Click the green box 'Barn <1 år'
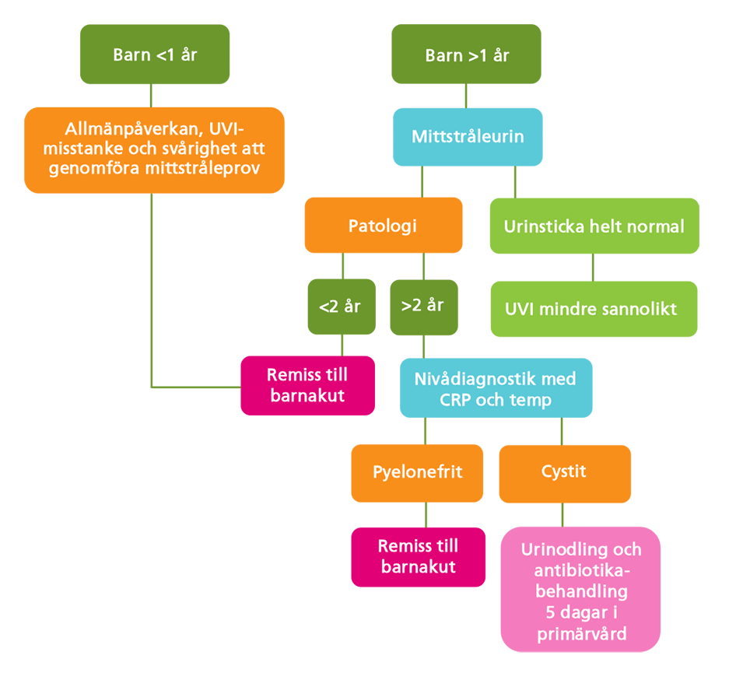coord(155,54)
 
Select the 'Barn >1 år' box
coord(466,54)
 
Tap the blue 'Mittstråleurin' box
coord(467,137)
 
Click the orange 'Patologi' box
coord(383,226)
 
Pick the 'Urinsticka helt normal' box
coord(594,226)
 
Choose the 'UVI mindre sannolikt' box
coord(594,308)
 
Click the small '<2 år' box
coord(340,307)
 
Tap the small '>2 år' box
coord(423,307)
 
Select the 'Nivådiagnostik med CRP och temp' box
coord(496,389)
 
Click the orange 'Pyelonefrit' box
coord(418,473)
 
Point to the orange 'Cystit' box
coord(564,473)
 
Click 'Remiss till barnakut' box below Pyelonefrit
coord(418,556)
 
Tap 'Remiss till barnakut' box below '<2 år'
coord(307,385)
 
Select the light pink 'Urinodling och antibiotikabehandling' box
coord(580,590)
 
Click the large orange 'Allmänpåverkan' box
coord(154,149)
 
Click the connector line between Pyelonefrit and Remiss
coord(426,514)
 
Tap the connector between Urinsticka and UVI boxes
coord(593,267)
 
